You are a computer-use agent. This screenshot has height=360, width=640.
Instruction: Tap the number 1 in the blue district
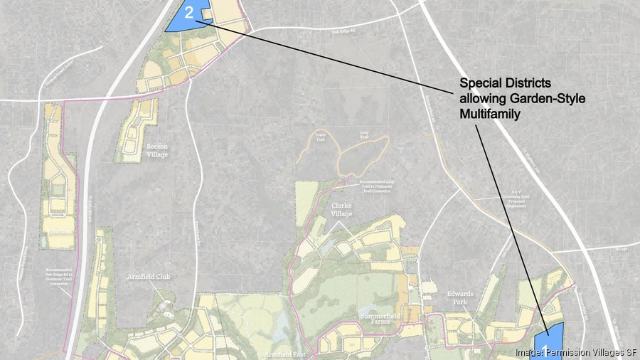[x=546, y=349]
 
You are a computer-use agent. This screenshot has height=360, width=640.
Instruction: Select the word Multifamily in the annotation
[x=487, y=113]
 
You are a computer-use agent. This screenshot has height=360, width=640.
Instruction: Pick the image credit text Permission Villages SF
[x=576, y=352]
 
